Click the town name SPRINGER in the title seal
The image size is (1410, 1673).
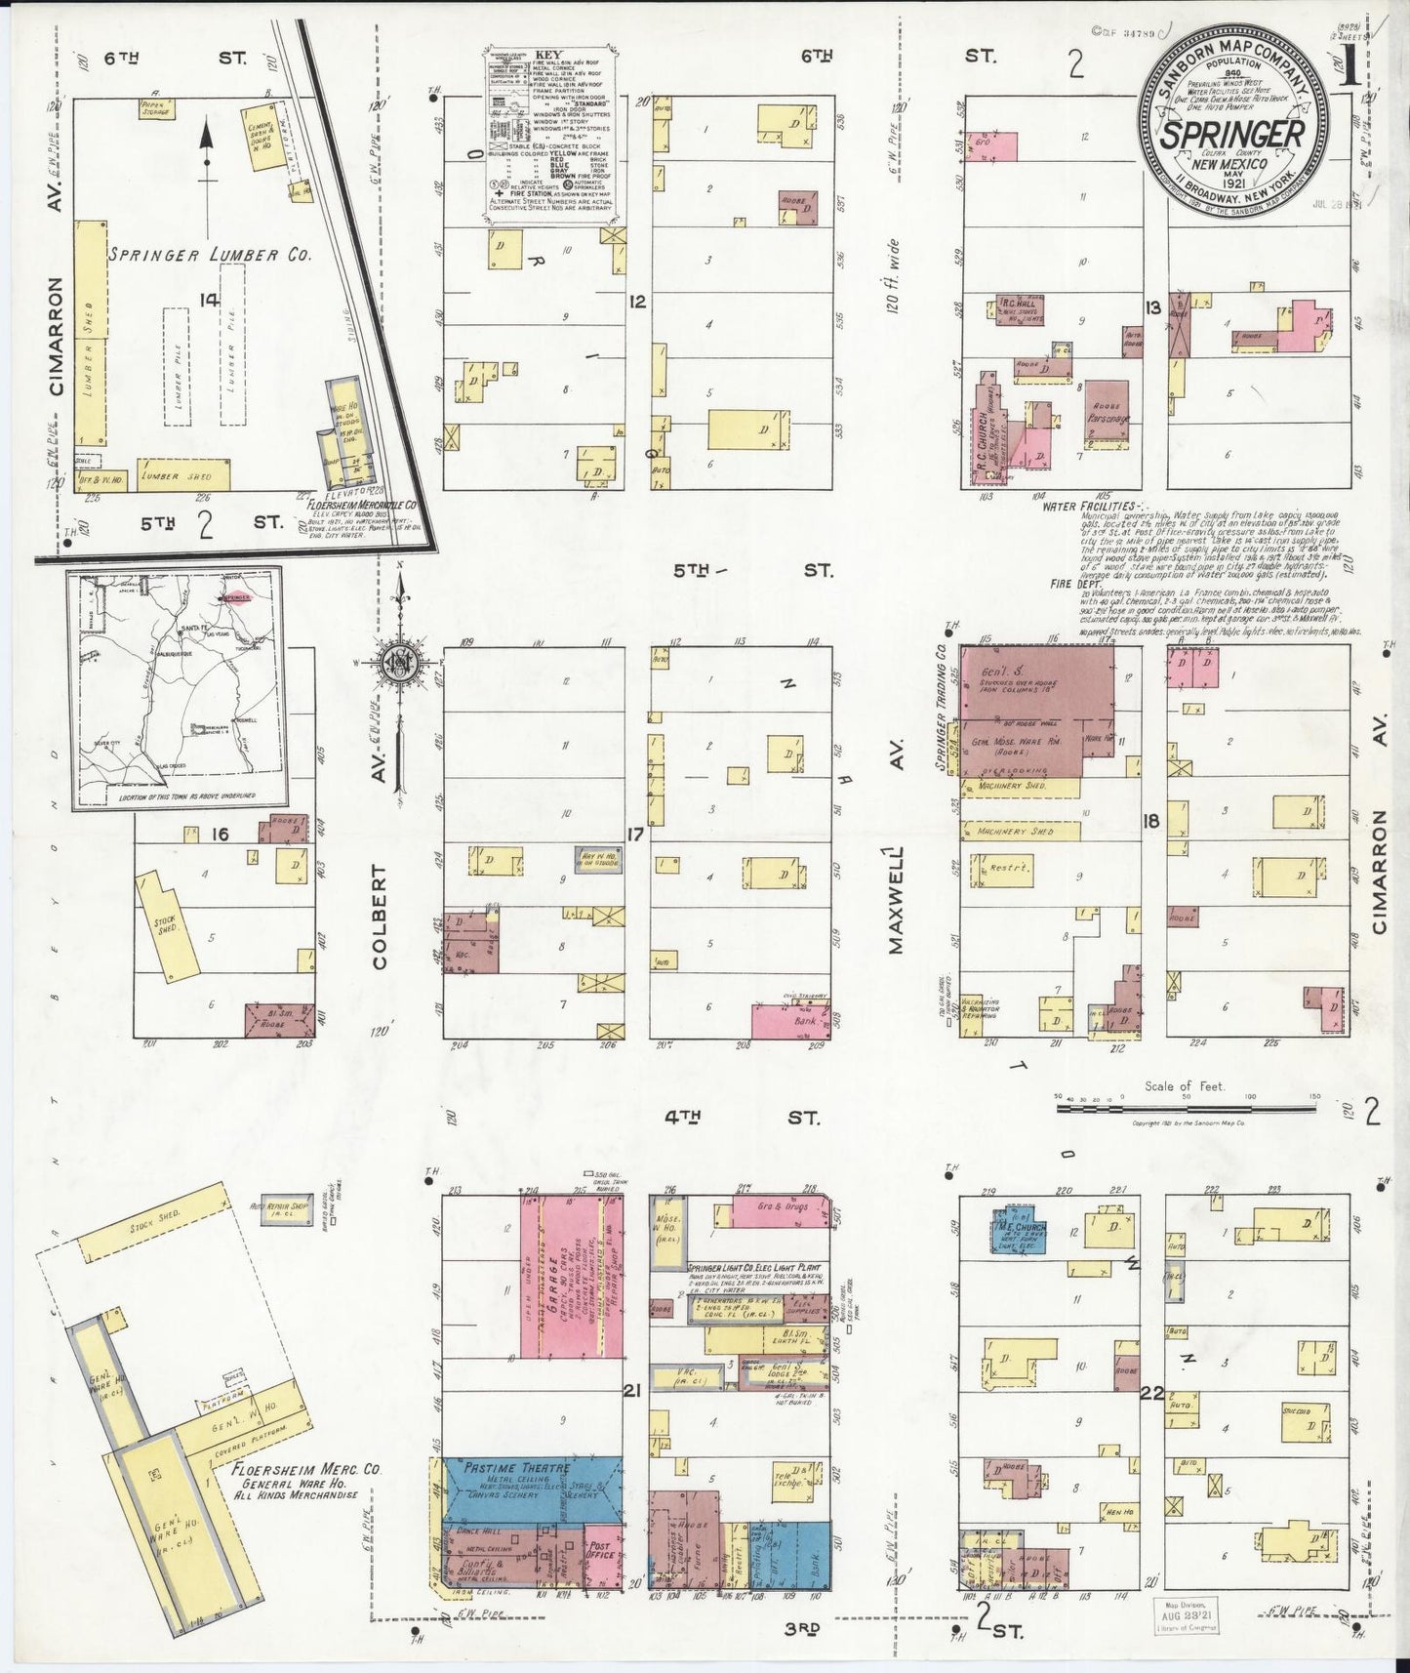1233,134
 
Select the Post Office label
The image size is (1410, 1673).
601,1549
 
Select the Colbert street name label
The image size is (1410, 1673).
379,917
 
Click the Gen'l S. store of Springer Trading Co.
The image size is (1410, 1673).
1036,682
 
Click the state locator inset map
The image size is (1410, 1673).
174,688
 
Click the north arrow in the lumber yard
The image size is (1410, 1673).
206,149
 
